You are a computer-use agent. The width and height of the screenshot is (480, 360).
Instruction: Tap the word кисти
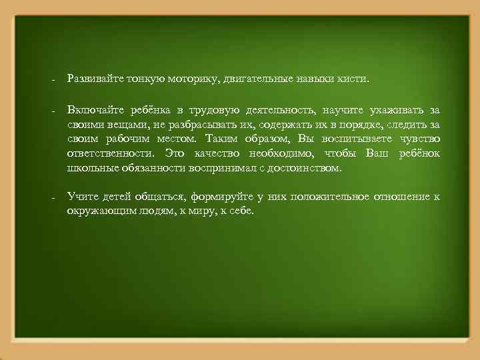click(x=351, y=79)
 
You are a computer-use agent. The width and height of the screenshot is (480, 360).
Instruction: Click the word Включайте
click(x=90, y=109)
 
